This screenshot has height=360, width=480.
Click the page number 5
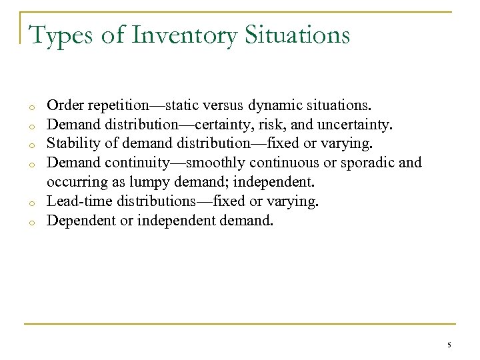click(x=449, y=345)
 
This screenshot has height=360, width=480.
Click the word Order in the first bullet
click(x=63, y=106)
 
